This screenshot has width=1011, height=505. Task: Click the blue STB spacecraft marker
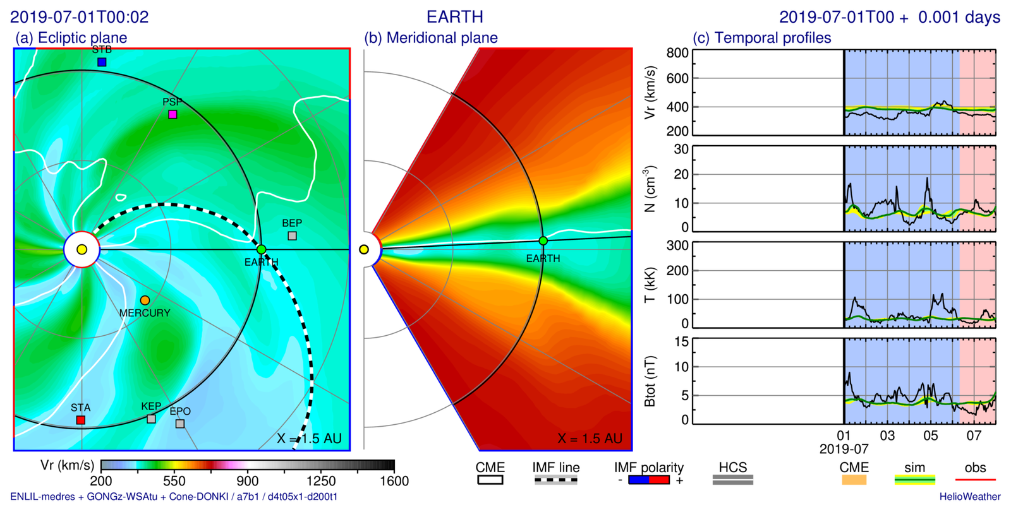click(x=102, y=62)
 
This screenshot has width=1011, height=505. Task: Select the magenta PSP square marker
click(x=173, y=114)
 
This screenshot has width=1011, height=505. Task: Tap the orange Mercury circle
click(x=145, y=300)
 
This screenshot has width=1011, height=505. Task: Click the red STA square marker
click(x=81, y=420)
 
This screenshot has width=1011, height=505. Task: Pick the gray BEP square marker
click(x=292, y=235)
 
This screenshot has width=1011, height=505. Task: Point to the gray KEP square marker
click(x=151, y=419)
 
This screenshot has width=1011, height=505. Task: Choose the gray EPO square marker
click(x=180, y=424)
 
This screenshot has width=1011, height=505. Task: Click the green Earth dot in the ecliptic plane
click(x=261, y=249)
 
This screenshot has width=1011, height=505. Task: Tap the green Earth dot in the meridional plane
click(x=543, y=241)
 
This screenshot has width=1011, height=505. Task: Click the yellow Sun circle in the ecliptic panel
click(x=82, y=249)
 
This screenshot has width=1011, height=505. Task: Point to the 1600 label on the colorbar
click(x=394, y=481)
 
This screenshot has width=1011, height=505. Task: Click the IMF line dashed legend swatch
click(x=555, y=480)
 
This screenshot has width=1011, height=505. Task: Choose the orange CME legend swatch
click(x=854, y=480)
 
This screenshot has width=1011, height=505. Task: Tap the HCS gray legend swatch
click(x=732, y=480)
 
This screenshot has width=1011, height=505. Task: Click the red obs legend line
click(x=975, y=480)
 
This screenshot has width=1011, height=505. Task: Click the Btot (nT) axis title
click(x=650, y=381)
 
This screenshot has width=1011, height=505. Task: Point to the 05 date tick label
click(x=931, y=436)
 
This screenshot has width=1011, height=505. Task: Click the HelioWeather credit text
click(x=969, y=497)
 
